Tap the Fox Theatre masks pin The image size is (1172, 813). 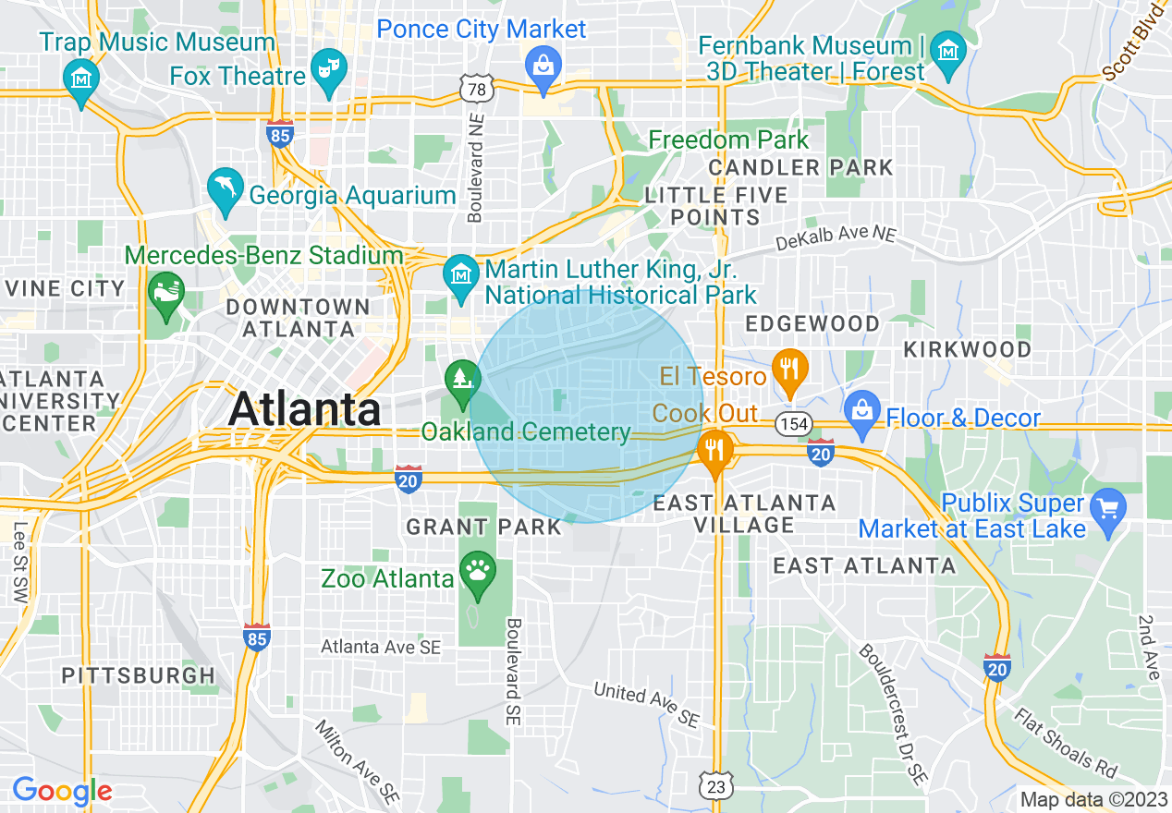pyautogui.click(x=326, y=69)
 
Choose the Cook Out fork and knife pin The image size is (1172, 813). pyautogui.click(x=714, y=451)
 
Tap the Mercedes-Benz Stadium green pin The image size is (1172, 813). pyautogui.click(x=166, y=293)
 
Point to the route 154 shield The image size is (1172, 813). pyautogui.click(x=792, y=424)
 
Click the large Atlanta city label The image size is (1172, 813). pyautogui.click(x=304, y=409)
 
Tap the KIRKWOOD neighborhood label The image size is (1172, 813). pyautogui.click(x=967, y=349)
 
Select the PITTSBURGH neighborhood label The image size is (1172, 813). pyautogui.click(x=139, y=675)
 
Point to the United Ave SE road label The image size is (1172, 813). pyautogui.click(x=647, y=702)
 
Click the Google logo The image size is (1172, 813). pyautogui.click(x=62, y=791)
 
